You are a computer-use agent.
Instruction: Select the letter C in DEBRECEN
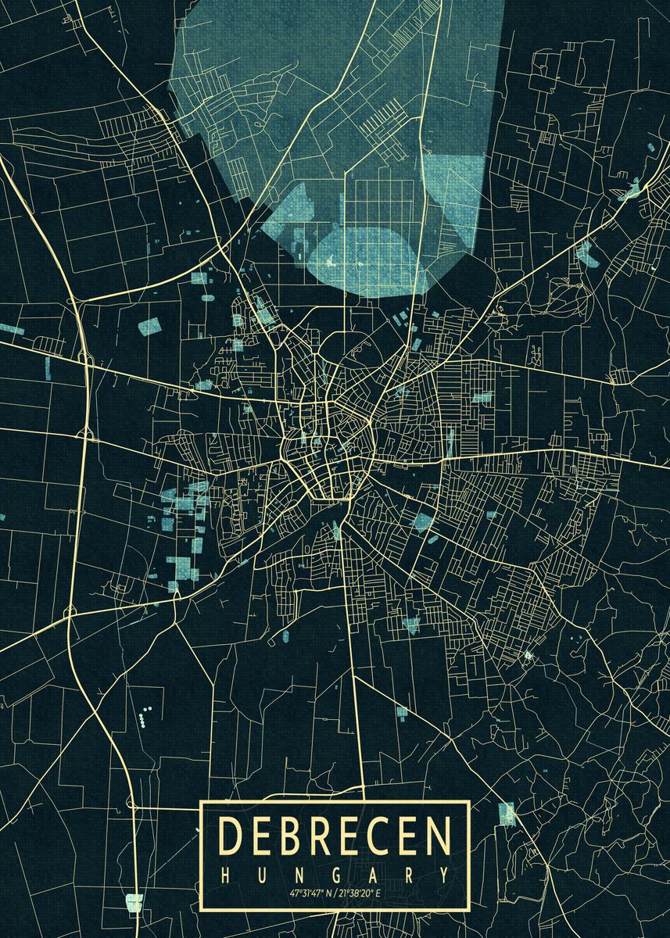[380, 836]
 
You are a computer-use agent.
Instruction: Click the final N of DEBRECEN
[439, 836]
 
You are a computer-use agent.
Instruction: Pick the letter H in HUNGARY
[226, 873]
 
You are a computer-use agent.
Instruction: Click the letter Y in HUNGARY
[444, 873]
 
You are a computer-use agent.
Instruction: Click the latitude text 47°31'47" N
[310, 893]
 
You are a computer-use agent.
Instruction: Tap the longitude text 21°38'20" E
[361, 893]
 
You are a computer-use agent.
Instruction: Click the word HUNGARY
[335, 873]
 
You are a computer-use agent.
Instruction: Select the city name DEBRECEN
[335, 836]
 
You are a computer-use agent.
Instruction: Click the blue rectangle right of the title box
[507, 814]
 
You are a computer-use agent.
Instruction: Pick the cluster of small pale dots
[143, 715]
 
